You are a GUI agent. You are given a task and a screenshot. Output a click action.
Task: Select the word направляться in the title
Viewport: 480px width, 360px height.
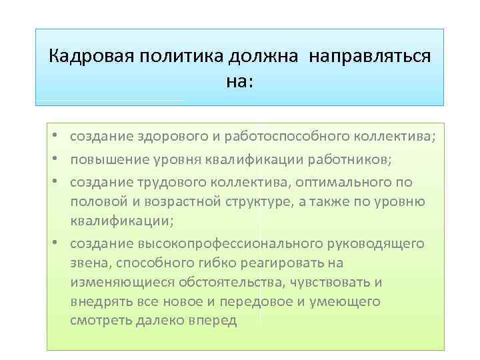pos(369,55)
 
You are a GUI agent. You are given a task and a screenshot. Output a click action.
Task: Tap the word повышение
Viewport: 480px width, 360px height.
pos(104,161)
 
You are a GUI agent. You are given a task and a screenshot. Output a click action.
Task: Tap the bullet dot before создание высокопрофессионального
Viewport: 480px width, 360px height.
pos(59,243)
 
